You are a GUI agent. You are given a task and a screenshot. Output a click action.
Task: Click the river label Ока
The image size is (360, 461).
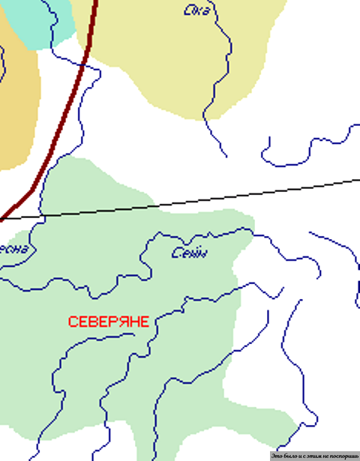tap(197, 10)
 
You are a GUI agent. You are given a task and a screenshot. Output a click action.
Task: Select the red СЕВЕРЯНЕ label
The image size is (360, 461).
tap(108, 322)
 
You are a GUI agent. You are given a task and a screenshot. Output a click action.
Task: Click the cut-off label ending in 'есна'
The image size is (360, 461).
tap(14, 249)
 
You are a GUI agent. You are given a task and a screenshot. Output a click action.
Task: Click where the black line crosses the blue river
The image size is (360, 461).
tap(42, 216)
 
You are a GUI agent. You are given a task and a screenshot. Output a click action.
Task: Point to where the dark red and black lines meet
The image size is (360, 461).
tap(3, 219)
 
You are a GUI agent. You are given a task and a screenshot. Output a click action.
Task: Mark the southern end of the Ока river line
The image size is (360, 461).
tap(226, 157)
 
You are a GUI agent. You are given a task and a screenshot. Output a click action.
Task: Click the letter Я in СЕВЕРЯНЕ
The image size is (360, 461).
tap(119, 322)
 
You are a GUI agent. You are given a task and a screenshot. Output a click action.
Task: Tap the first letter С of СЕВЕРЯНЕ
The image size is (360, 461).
tap(72, 322)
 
